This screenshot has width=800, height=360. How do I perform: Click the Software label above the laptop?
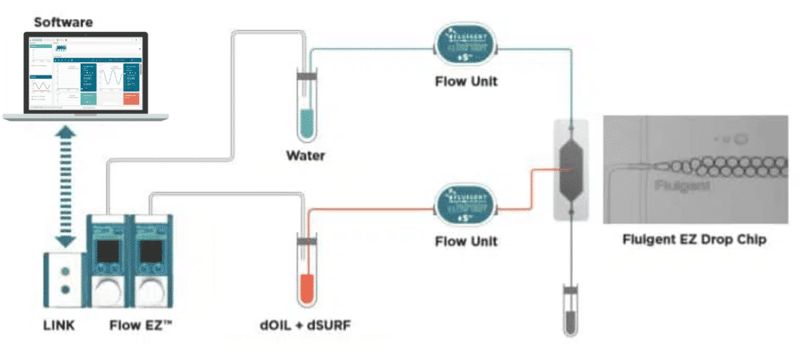coord(63,23)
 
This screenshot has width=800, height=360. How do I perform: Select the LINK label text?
coord(56,326)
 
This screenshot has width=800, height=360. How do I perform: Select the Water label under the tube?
coord(305,156)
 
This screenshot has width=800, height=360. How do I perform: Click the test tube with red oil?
coord(307,270)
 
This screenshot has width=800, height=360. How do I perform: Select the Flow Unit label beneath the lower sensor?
coord(466,241)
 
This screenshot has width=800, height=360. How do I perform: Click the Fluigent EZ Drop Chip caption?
coord(694,239)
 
